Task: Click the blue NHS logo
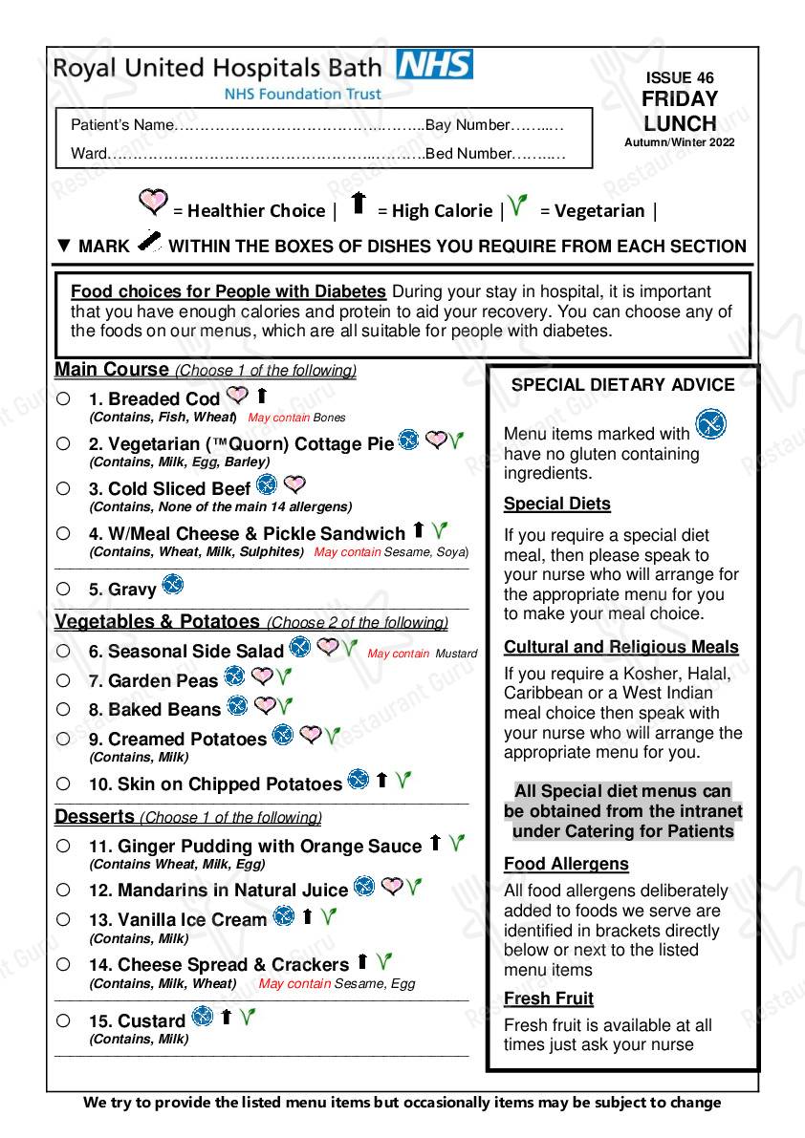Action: click(x=434, y=65)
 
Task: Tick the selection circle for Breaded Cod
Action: click(x=63, y=398)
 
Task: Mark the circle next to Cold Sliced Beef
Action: click(x=63, y=488)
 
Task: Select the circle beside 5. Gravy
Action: click(x=63, y=589)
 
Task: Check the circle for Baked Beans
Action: click(x=63, y=709)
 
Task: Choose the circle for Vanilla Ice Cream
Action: click(x=63, y=919)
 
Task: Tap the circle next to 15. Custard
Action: click(x=63, y=1020)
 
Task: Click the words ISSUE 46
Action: click(x=680, y=78)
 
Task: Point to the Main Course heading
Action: click(x=111, y=370)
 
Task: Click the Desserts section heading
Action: click(x=95, y=817)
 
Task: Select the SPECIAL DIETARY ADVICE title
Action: click(x=622, y=385)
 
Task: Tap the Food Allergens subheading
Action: click(x=566, y=864)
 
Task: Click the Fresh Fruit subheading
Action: click(x=549, y=998)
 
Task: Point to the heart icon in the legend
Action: click(x=153, y=202)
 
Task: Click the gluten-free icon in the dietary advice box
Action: click(x=709, y=423)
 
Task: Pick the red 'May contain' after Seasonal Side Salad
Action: click(x=398, y=654)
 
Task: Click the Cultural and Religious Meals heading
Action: click(x=621, y=647)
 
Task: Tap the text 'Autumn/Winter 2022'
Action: click(x=680, y=142)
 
